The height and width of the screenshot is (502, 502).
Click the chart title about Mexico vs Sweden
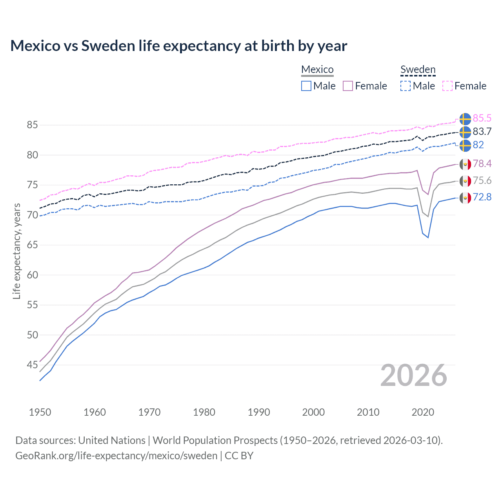[x=178, y=46]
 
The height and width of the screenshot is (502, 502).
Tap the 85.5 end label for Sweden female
[x=482, y=118]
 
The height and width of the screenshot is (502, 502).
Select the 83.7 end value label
[x=482, y=131]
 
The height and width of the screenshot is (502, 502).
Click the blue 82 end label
[x=478, y=145]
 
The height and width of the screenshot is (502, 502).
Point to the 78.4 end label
[x=482, y=164]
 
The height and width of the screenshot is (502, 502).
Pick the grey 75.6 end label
[x=482, y=180]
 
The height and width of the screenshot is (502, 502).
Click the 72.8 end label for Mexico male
[x=482, y=197]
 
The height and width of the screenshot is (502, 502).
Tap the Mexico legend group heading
[x=317, y=69]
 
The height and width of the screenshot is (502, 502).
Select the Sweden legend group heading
[x=418, y=69]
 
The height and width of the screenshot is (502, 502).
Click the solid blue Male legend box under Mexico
[x=306, y=86]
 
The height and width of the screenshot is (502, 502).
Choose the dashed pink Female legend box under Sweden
[x=447, y=86]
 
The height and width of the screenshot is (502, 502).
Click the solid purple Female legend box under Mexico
[x=348, y=86]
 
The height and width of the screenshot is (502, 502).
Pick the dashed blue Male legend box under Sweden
[x=406, y=86]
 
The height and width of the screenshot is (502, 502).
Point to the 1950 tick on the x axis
[x=40, y=412]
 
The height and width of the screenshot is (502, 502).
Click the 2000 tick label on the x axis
[x=313, y=412]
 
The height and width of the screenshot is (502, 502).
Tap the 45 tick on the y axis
[x=32, y=365]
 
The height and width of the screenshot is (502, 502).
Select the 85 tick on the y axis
[x=32, y=125]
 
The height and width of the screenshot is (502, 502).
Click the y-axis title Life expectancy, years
[x=16, y=251]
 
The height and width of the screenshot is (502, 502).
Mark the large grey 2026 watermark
[x=413, y=375]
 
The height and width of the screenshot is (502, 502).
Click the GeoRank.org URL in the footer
[x=116, y=455]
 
